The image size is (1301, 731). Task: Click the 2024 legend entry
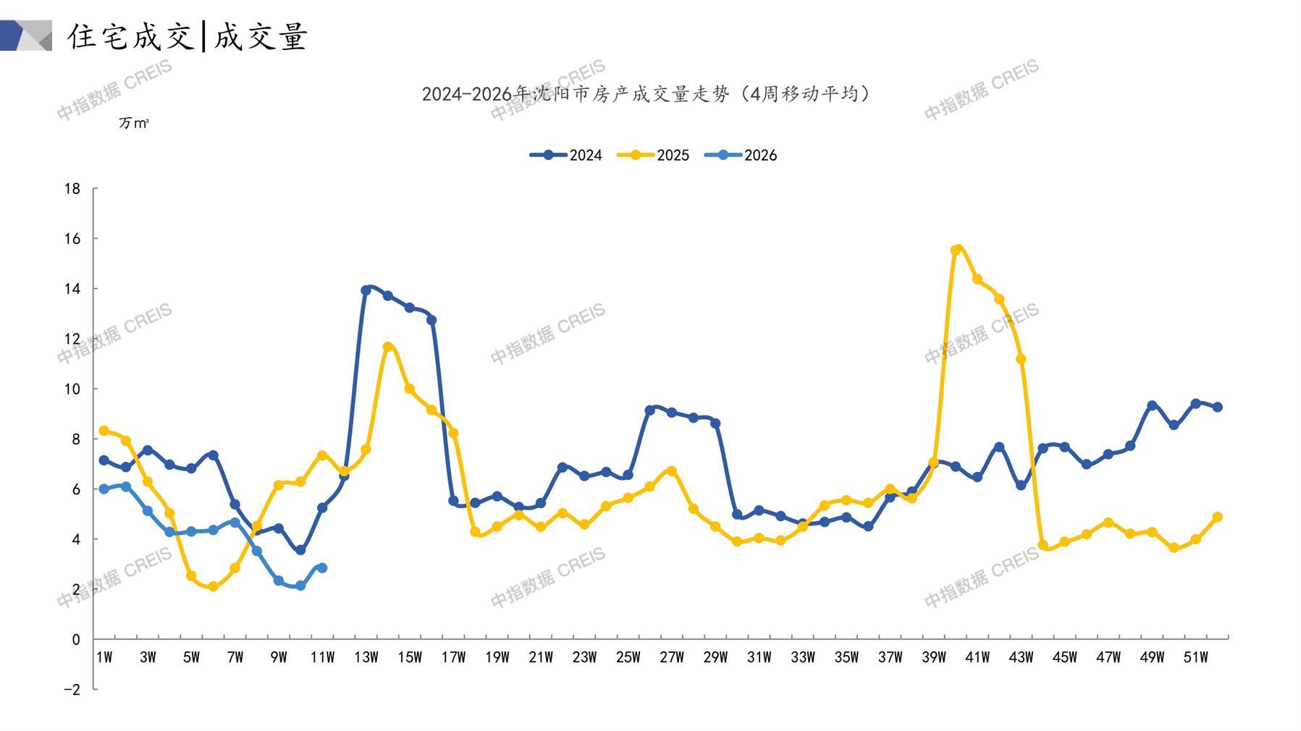[566, 155]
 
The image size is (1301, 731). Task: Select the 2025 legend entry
[653, 155]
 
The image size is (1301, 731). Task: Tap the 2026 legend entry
[741, 155]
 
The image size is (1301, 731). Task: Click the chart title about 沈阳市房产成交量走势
[647, 94]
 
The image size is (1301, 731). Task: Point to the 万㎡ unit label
[134, 123]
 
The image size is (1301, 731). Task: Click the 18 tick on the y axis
[72, 189]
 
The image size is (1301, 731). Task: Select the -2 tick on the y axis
[72, 690]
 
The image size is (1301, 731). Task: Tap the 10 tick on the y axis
[72, 389]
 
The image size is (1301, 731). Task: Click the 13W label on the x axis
[366, 657]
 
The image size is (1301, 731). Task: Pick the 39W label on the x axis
[933, 657]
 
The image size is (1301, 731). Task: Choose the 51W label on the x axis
[1195, 657]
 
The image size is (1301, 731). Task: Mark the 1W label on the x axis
[104, 657]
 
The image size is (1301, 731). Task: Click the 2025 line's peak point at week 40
[956, 250]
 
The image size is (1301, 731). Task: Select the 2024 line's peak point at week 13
[366, 290]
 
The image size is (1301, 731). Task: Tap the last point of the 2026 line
[322, 568]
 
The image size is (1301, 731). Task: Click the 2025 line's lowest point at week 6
[213, 587]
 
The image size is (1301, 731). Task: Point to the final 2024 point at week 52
[1218, 407]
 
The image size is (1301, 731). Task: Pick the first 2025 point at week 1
[104, 431]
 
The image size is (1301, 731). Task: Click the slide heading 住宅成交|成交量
[188, 36]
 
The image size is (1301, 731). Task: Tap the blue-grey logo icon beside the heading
[26, 35]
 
